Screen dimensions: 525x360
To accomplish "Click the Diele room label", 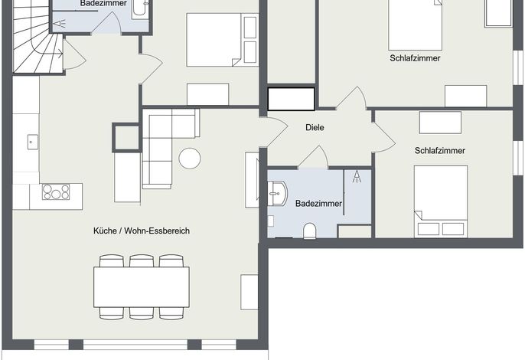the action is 315,127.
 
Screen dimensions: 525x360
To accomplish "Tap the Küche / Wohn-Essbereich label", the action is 142,231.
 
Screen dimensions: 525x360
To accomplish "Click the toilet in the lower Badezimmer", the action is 309,231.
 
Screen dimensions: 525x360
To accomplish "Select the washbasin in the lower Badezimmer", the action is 278,194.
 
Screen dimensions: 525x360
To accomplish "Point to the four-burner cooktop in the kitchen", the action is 56,192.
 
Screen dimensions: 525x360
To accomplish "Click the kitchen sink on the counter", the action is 32,142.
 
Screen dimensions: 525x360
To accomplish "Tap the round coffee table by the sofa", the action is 190,159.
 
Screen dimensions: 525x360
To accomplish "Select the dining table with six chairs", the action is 142,287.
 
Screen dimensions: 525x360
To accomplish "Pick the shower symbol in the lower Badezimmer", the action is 357,177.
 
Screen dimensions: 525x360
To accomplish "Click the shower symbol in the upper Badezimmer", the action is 59,24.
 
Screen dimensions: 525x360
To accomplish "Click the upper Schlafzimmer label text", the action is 415,58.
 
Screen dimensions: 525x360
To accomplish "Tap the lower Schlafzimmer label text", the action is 439,150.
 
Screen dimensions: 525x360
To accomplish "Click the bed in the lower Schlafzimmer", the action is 441,201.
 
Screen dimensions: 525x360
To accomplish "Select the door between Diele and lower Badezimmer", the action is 313,157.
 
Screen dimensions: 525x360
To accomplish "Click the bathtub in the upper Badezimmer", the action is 140,9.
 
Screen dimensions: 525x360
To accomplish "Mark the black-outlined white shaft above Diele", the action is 292,99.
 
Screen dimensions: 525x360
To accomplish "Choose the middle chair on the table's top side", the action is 142,260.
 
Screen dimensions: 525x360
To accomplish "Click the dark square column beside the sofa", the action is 126,137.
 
